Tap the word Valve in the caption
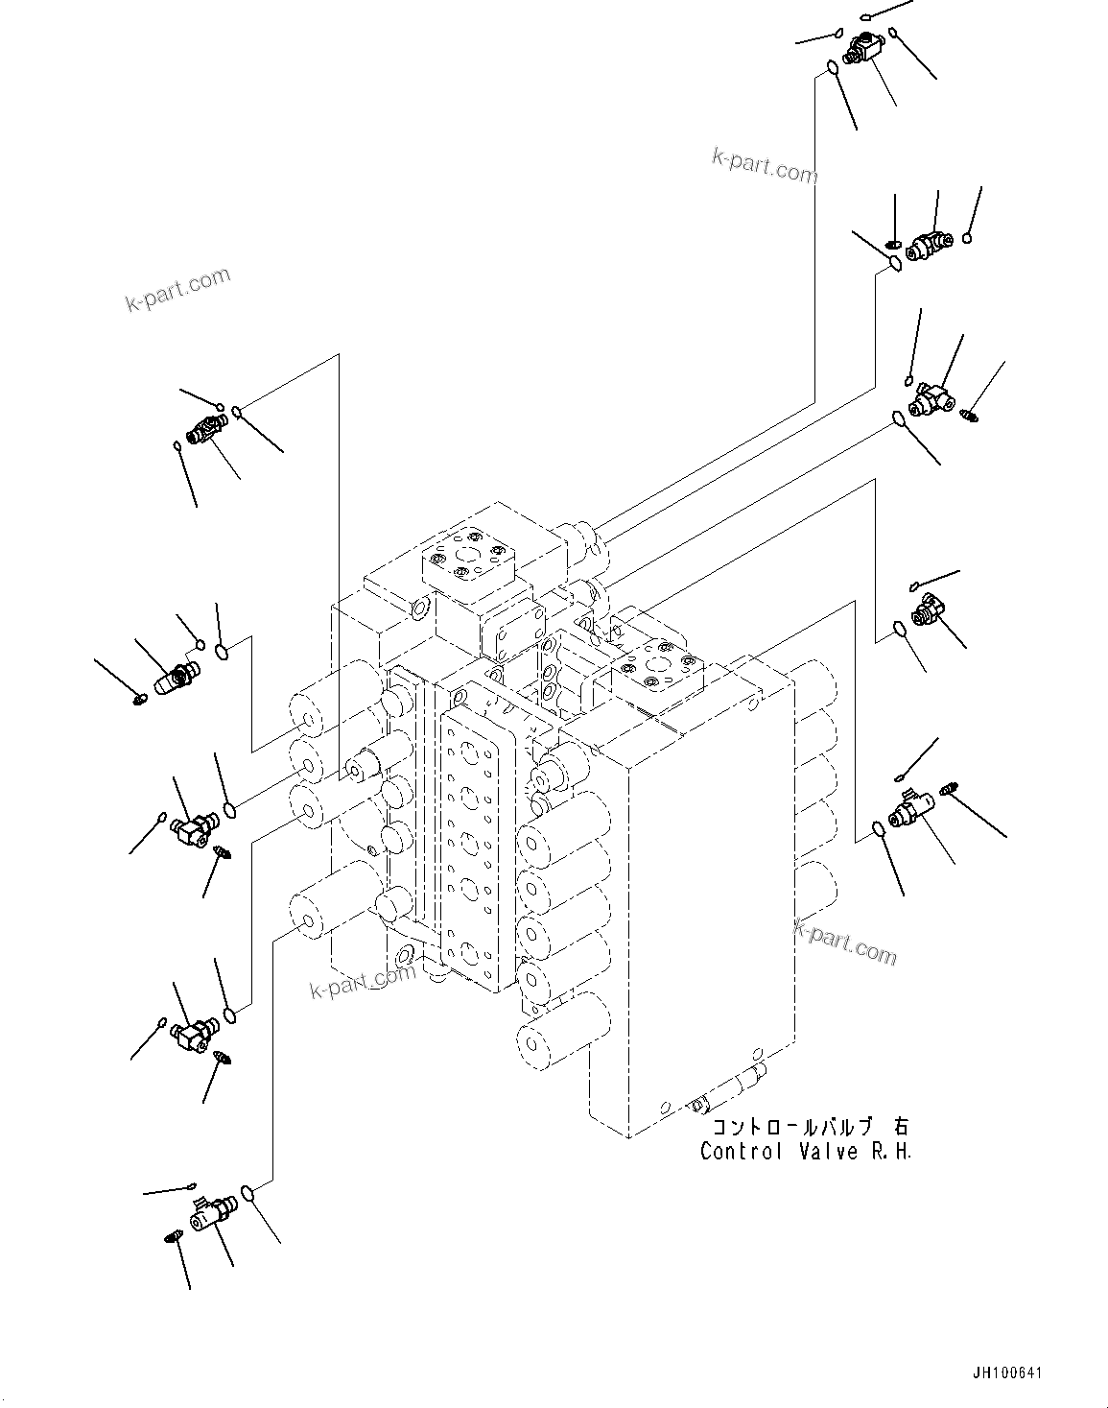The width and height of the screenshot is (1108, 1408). [x=829, y=1151]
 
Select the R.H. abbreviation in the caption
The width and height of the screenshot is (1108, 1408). [x=893, y=1151]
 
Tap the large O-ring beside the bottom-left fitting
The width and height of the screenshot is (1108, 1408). [x=248, y=1193]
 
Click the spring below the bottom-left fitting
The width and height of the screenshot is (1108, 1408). [x=173, y=1237]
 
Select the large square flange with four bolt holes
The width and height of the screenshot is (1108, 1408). [x=465, y=558]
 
